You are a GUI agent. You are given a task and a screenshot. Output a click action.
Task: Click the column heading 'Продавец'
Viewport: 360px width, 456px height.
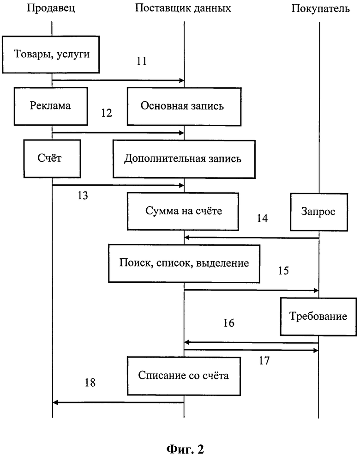pos(51,8)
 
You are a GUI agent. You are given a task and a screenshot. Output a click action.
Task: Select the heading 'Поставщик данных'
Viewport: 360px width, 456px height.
pos(183,8)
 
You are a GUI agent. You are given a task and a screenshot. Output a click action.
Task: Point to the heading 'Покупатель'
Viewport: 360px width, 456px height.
pos(320,8)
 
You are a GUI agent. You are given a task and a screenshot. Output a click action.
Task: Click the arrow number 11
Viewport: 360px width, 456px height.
pos(142,61)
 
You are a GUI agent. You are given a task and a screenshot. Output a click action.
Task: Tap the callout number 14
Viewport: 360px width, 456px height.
pos(262,218)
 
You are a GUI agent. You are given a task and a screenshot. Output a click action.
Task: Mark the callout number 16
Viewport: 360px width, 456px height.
pos(229,323)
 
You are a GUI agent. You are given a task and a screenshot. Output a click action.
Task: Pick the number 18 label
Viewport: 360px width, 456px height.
pos(90,383)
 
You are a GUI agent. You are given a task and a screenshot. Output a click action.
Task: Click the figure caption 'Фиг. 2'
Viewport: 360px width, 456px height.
pos(185,449)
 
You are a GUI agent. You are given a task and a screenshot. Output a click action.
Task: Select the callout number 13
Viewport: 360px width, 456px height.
pos(83,195)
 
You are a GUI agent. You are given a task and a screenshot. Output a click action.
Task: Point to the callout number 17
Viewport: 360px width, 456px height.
pos(264,361)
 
